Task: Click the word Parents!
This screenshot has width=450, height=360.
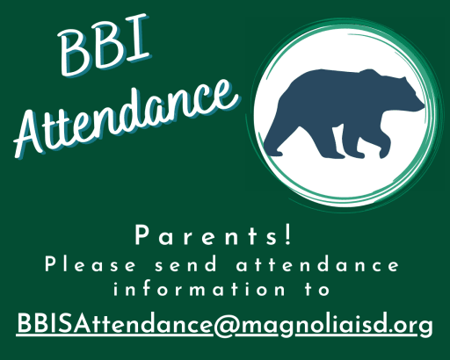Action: (214, 235)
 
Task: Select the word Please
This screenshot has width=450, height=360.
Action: (91, 265)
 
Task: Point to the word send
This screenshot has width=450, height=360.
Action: (185, 265)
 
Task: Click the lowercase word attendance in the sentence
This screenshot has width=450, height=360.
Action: (317, 265)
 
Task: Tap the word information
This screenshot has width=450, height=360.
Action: (200, 290)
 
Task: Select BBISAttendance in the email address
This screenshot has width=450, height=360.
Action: (115, 323)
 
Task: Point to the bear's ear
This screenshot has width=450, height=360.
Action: (403, 79)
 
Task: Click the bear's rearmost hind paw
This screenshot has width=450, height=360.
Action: (274, 152)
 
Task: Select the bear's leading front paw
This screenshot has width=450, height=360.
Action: (384, 154)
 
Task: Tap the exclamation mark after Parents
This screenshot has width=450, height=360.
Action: (288, 235)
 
